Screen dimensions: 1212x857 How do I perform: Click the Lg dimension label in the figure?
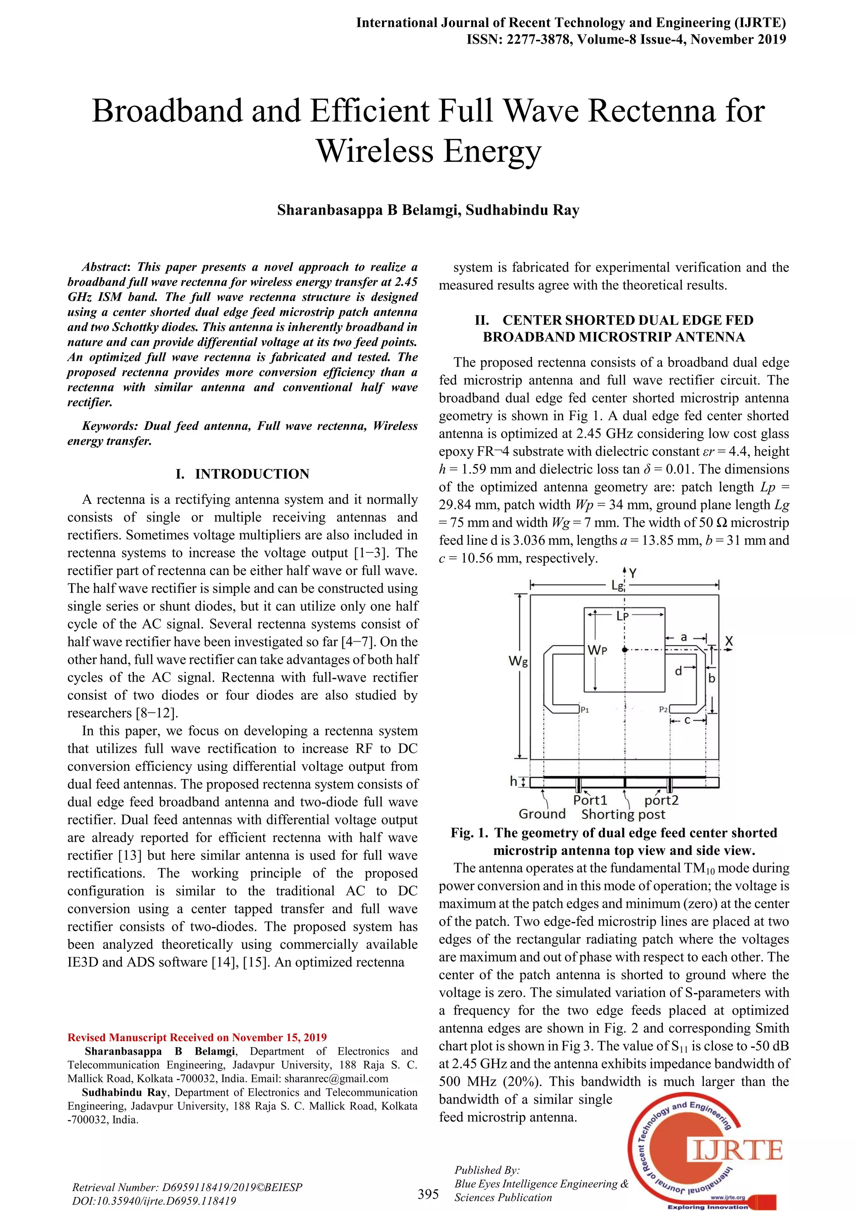tap(617, 585)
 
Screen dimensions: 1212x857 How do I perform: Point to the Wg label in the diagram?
tap(518, 661)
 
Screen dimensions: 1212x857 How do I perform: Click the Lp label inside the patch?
tap(623, 616)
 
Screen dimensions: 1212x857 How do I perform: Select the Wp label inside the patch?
tap(598, 650)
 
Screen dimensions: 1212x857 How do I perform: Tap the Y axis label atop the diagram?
tap(633, 573)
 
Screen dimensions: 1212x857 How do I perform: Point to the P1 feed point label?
tap(585, 710)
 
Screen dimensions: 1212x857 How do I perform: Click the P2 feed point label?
tap(663, 709)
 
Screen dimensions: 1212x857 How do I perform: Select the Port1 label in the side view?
tap(590, 800)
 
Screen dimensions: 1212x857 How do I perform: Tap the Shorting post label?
tap(623, 814)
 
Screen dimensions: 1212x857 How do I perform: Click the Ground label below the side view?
tap(542, 814)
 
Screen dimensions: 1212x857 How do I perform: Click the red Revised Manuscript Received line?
tap(197, 1037)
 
